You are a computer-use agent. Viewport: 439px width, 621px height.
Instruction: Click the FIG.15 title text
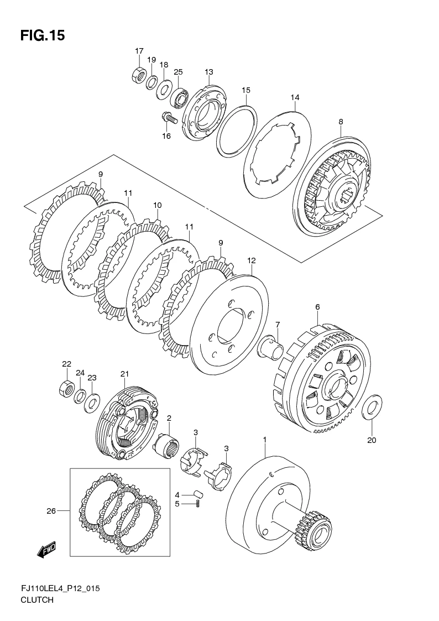click(x=43, y=35)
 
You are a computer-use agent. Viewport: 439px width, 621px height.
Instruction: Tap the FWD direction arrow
click(x=46, y=550)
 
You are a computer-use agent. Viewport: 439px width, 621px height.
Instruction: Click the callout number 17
click(x=139, y=51)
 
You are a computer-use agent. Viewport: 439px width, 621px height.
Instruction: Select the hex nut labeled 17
click(x=139, y=74)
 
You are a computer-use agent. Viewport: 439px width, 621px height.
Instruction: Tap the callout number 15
click(x=246, y=90)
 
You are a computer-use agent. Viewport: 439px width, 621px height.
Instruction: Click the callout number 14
click(x=295, y=97)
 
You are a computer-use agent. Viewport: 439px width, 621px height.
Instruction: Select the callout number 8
click(x=341, y=122)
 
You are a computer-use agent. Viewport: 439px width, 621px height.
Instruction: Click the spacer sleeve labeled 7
click(x=271, y=344)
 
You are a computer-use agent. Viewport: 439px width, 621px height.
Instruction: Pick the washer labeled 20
click(x=372, y=407)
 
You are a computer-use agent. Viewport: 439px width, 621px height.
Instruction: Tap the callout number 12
click(x=252, y=260)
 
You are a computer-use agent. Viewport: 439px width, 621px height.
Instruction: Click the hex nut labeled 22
click(x=66, y=387)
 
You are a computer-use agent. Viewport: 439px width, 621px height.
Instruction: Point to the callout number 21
click(x=125, y=374)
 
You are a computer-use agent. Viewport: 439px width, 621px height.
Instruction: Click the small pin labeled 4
click(x=197, y=493)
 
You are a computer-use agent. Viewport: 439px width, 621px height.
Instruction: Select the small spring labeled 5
click(x=197, y=503)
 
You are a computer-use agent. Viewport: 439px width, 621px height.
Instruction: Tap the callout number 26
click(x=51, y=511)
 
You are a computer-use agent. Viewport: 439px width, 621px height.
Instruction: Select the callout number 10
click(x=158, y=205)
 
